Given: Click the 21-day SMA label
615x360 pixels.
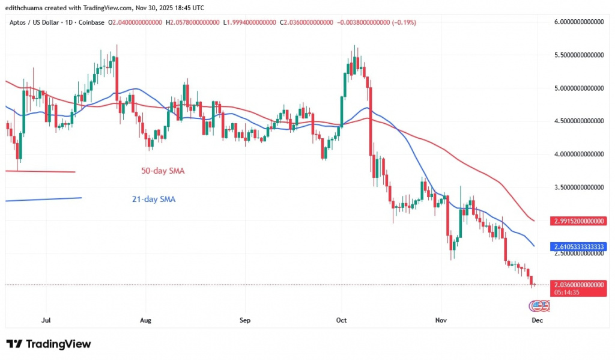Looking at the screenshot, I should (x=153, y=199).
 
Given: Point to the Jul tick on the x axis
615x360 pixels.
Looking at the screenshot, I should (x=45, y=320).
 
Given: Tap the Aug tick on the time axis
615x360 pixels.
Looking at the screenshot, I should (x=145, y=320).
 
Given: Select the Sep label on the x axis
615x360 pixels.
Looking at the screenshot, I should (x=244, y=320).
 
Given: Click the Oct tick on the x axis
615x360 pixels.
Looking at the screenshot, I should (x=342, y=320).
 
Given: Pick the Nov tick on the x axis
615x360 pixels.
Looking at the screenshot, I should (x=441, y=320).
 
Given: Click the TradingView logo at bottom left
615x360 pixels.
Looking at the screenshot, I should (x=49, y=344).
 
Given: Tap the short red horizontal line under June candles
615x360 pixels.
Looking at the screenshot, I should (x=40, y=172).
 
